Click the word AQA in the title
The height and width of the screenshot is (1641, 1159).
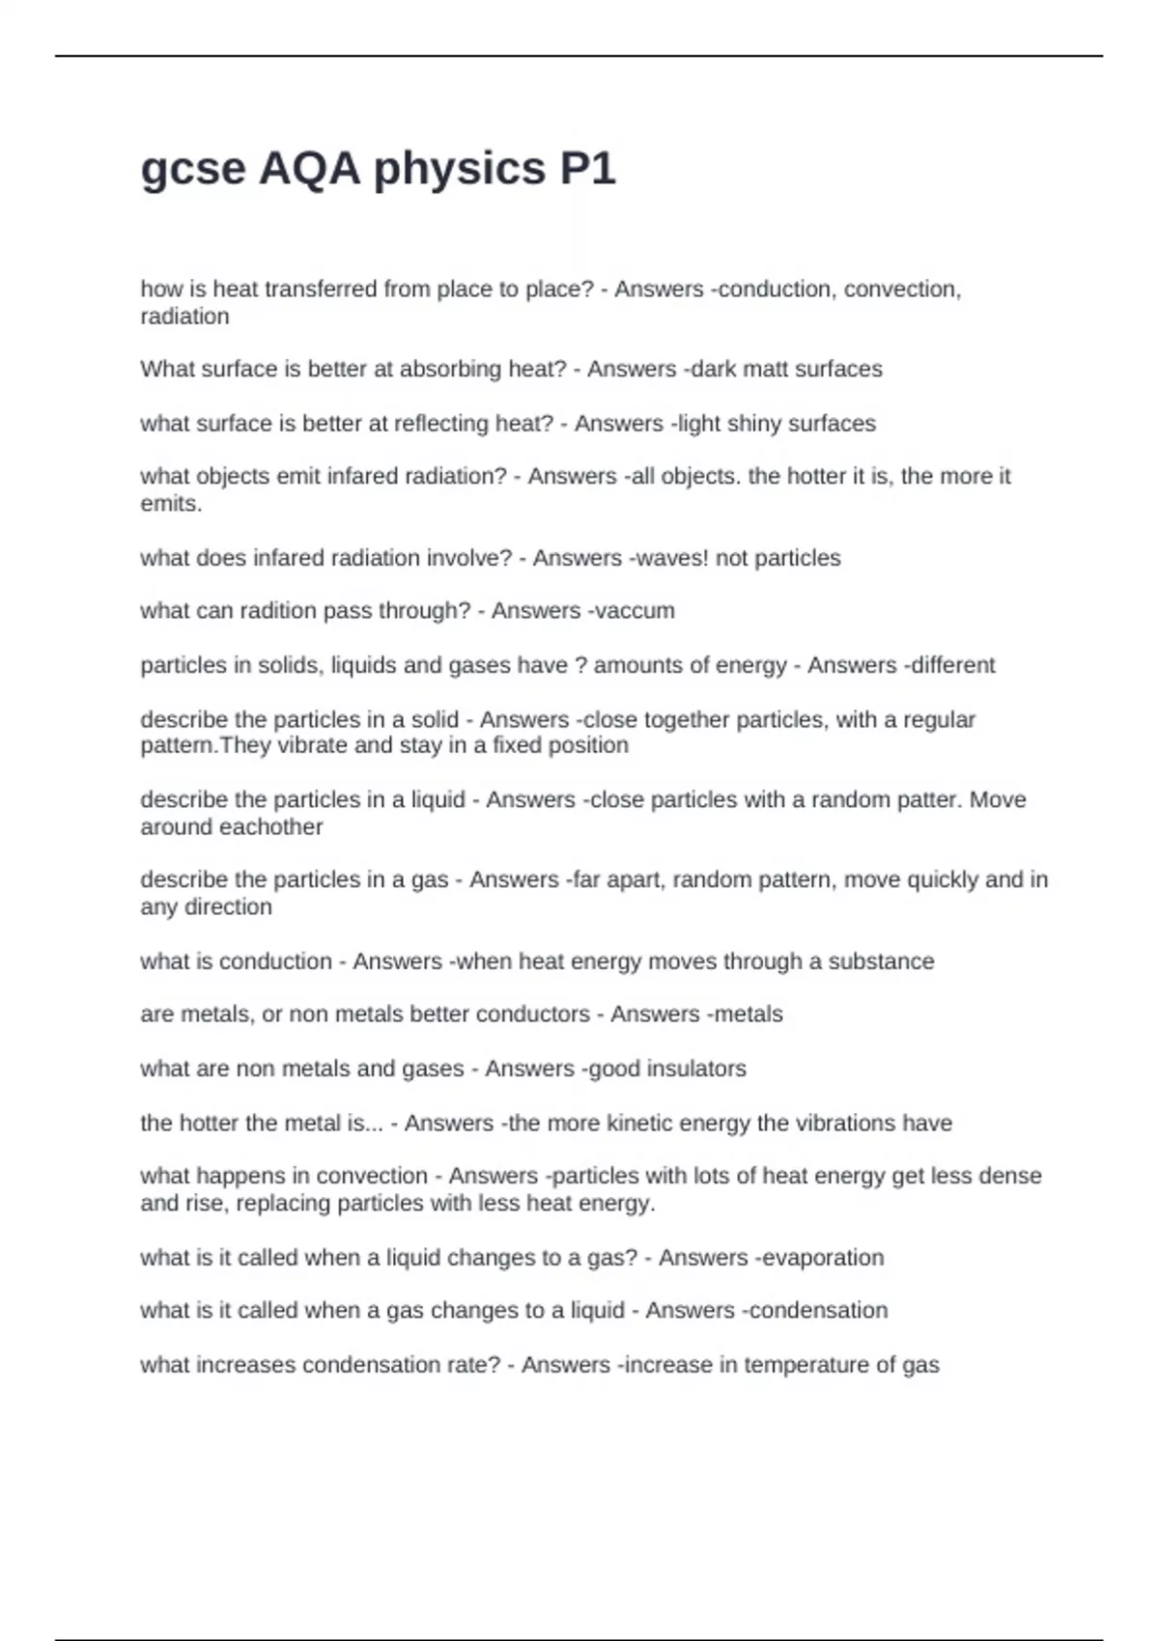tap(309, 169)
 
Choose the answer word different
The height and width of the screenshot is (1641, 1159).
tap(952, 665)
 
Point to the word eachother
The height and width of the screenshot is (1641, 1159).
tap(273, 827)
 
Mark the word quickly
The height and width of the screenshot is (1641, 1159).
tap(931, 880)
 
